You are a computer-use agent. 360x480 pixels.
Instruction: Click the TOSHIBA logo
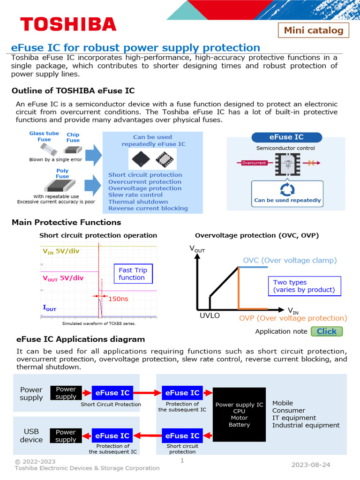coord(68,24)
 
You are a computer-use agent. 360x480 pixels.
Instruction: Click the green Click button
coord(326,331)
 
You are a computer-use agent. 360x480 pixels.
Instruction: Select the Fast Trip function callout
coord(133,274)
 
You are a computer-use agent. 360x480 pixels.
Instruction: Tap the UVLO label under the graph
coord(210,315)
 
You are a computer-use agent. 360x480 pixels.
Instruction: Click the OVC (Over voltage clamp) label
coord(290,260)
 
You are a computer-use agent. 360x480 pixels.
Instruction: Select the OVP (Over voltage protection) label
coord(293,318)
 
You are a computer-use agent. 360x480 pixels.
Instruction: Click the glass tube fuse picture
coord(45,150)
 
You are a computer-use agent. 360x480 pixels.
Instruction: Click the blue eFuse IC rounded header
coord(286,137)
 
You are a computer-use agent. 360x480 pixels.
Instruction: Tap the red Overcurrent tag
coord(254,163)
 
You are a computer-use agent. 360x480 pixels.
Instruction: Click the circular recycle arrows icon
coord(287,189)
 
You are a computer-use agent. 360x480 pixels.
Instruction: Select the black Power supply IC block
coord(239,414)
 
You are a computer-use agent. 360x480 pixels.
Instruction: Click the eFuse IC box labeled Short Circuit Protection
coord(112,393)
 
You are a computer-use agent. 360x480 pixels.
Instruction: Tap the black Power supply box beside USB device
coord(66,436)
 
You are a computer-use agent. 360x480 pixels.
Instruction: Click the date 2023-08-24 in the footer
coord(310,465)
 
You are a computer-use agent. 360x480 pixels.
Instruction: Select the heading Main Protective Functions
coord(66,222)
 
